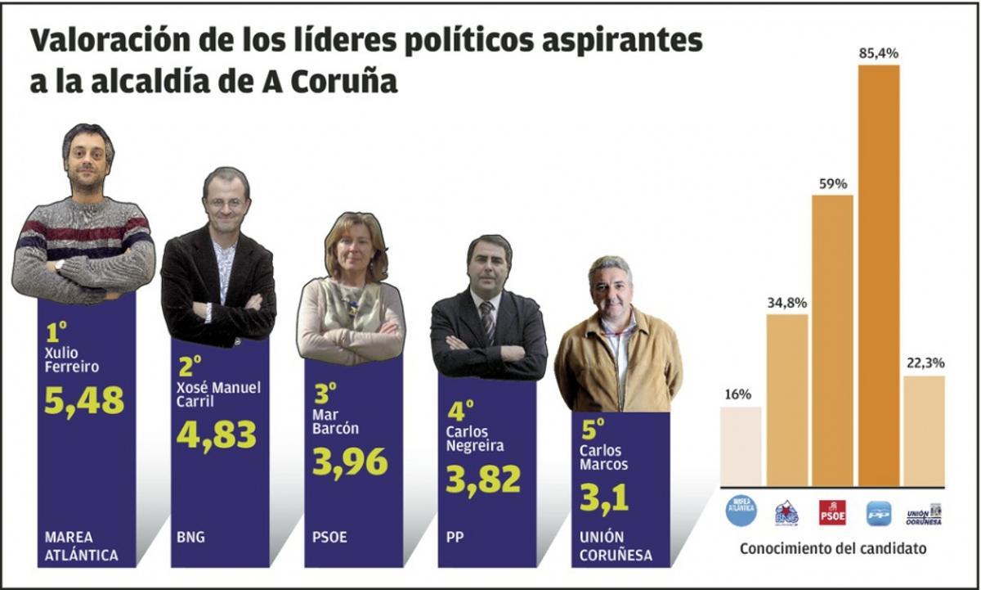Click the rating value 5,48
[x=84, y=399]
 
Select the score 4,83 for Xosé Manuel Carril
[x=217, y=434]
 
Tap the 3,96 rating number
[x=350, y=462]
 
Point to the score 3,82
[x=483, y=479]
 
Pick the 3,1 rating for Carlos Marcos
[x=604, y=498]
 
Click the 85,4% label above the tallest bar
[x=879, y=53]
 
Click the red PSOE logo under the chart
[x=832, y=513]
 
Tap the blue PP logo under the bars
[x=879, y=513]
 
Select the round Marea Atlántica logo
[x=741, y=511]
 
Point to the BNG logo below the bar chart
[x=786, y=513]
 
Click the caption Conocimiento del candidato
[x=832, y=549]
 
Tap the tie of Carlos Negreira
[x=488, y=321]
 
